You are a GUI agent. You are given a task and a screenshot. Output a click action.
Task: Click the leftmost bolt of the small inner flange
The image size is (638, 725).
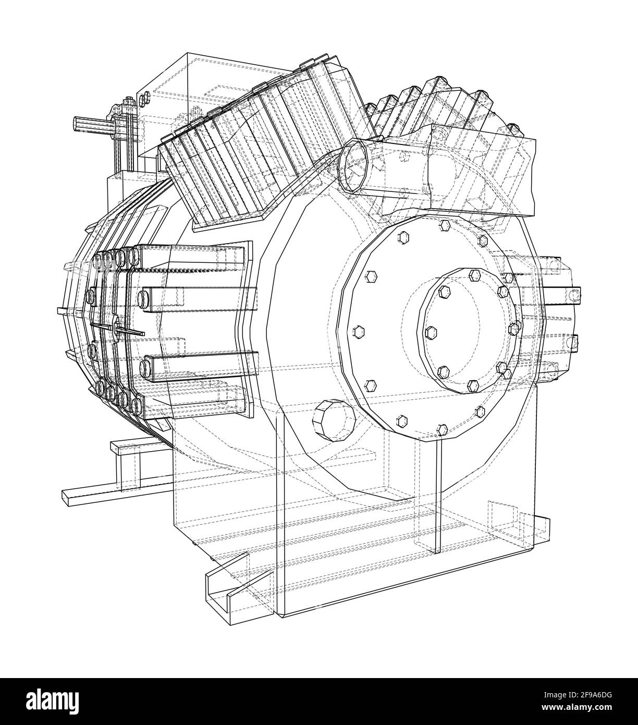click(x=431, y=332)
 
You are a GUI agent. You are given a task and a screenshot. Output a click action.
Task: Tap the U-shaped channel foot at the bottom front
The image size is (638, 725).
click(x=229, y=584)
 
